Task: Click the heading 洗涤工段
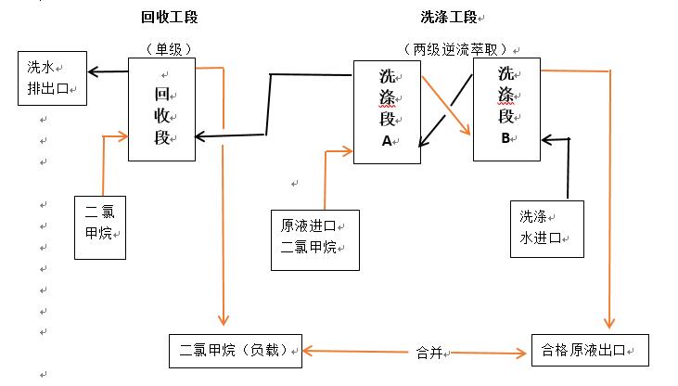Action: click(451, 18)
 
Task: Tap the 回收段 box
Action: click(162, 108)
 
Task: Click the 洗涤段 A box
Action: click(388, 111)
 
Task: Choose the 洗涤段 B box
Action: click(506, 109)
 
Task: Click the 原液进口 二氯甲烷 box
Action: click(315, 238)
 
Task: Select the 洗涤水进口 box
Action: click(547, 227)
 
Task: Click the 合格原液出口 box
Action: click(589, 351)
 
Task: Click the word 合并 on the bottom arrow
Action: click(429, 353)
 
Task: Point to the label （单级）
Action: click(162, 47)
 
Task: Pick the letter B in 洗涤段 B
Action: click(505, 138)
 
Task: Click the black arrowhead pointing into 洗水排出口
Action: click(93, 71)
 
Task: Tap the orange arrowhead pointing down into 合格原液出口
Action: click(608, 322)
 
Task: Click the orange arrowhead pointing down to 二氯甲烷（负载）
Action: click(224, 318)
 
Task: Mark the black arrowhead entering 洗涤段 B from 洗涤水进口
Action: click(548, 140)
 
